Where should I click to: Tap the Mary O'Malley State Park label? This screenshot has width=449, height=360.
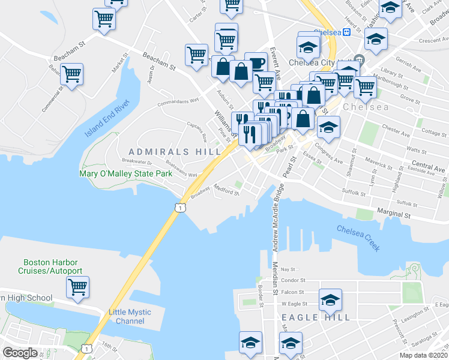point(126,174)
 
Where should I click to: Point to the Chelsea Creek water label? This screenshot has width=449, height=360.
point(358,238)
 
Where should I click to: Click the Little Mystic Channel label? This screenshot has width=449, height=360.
point(127,316)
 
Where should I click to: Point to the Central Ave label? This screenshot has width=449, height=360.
point(428,165)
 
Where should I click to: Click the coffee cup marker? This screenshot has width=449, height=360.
point(256,63)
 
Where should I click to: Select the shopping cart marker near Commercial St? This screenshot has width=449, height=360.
point(71,75)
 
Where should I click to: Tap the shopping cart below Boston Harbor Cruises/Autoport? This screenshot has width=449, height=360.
point(77,287)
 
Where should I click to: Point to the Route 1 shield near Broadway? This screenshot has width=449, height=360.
point(179,207)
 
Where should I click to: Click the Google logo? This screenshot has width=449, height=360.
point(20,353)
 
